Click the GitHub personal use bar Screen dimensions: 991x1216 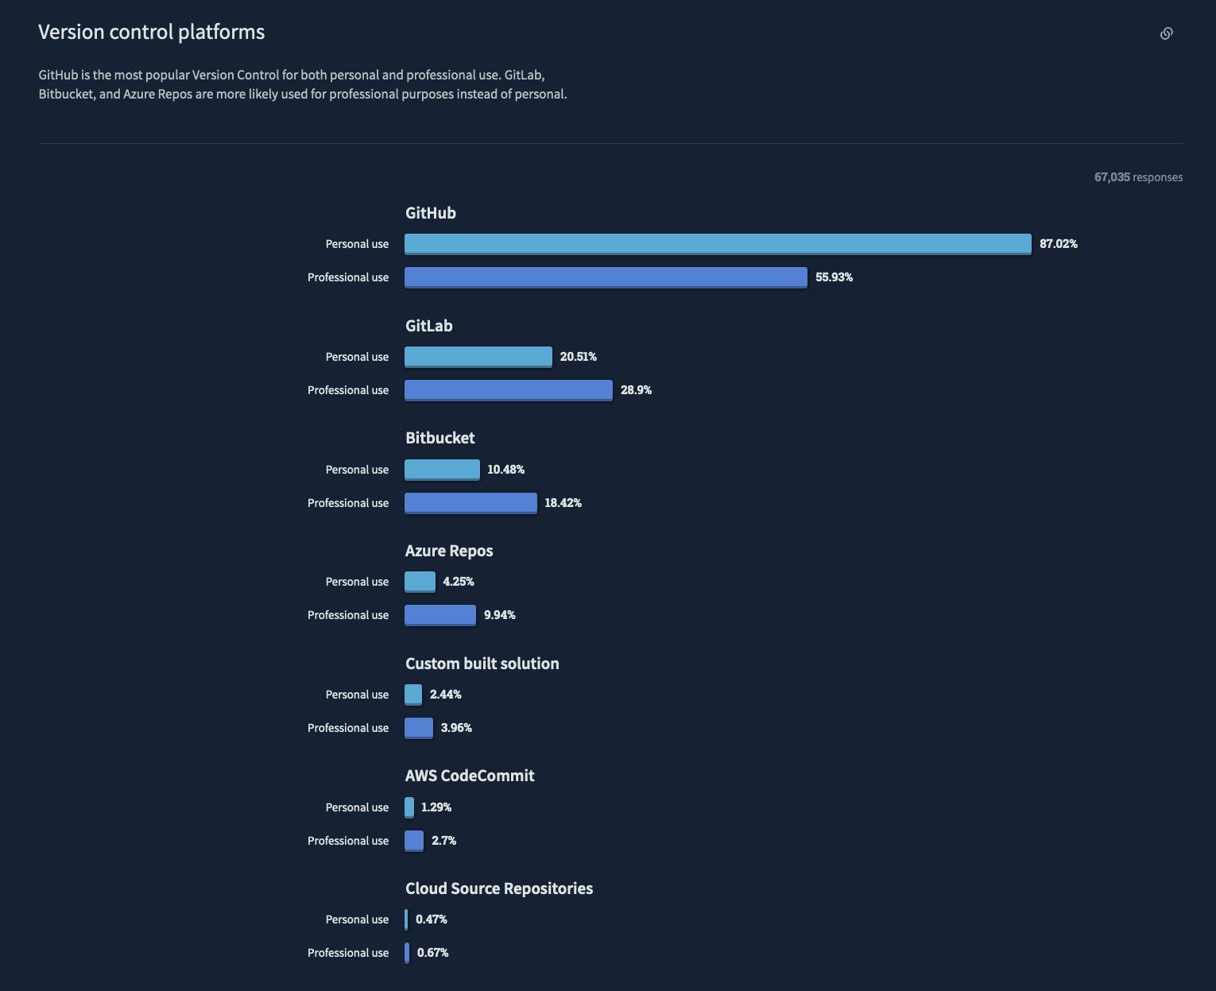click(x=718, y=244)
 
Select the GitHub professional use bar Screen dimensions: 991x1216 click(x=606, y=277)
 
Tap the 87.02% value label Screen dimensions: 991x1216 click(x=1058, y=244)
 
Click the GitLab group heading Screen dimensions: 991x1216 click(x=428, y=326)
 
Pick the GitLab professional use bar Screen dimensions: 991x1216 click(x=509, y=390)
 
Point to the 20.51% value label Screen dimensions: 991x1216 click(x=578, y=357)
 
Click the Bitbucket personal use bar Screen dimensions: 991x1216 click(x=442, y=470)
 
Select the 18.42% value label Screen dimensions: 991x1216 click(x=563, y=503)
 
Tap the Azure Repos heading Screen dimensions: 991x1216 click(x=449, y=551)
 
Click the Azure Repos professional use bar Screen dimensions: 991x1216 click(x=440, y=615)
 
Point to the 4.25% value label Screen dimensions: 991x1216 click(x=458, y=582)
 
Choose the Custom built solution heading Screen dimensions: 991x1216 click(x=482, y=664)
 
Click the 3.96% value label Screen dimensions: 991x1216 click(x=456, y=728)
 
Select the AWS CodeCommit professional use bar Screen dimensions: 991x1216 click(x=414, y=841)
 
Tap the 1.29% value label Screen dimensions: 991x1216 click(x=436, y=807)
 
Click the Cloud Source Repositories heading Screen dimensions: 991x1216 click(x=498, y=888)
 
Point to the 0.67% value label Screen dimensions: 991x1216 click(x=432, y=953)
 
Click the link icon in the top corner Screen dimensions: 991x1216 click(x=1166, y=33)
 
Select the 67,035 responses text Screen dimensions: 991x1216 click(x=1138, y=177)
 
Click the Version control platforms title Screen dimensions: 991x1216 click(x=151, y=32)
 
